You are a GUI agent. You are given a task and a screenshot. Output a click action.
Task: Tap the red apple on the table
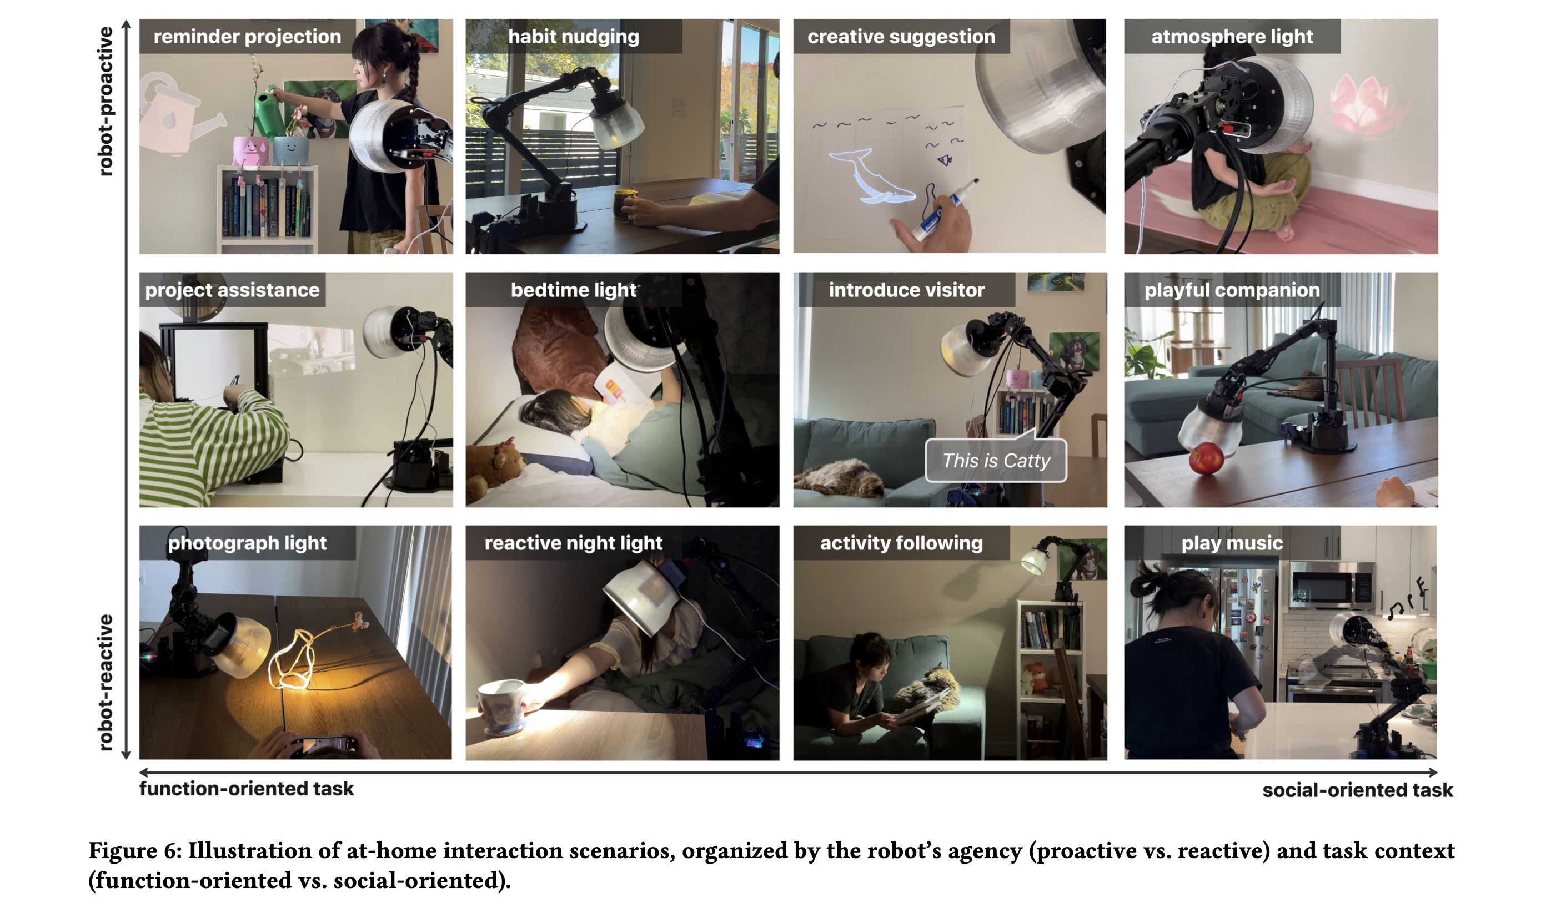coord(1206,458)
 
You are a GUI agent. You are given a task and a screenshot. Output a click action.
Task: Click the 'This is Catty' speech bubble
coord(996,460)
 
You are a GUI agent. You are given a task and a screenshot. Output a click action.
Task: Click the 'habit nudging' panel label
coord(573,36)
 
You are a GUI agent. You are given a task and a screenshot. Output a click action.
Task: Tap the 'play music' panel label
coord(1232,543)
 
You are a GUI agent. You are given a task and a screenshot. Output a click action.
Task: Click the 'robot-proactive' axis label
coord(106,100)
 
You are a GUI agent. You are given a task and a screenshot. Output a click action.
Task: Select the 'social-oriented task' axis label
coord(1357,790)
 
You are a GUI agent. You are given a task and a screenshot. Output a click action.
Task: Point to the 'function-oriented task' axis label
coord(246,789)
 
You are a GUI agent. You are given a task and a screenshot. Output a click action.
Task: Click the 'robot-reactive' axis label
coord(106,682)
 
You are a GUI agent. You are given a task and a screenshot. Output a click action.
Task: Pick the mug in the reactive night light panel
coord(502,705)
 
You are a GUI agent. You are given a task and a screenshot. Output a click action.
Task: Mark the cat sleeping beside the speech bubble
coord(839,478)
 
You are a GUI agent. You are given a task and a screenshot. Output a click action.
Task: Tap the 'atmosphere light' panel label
coord(1232,36)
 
